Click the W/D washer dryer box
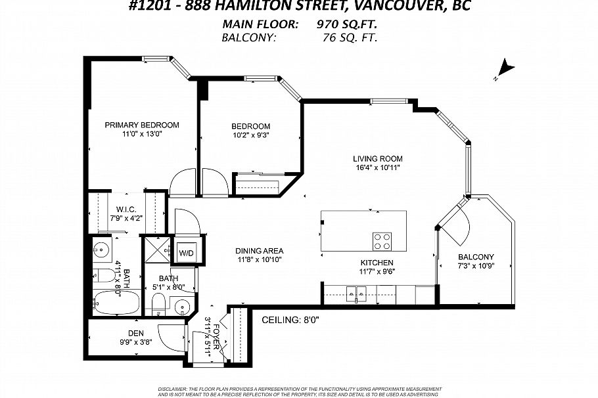(187, 252)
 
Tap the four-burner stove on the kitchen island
(382, 241)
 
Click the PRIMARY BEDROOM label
(142, 125)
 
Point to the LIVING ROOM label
(377, 158)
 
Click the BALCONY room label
(476, 257)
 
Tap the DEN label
(135, 334)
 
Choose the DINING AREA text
(260, 251)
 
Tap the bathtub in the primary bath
(116, 303)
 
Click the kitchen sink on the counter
(356, 292)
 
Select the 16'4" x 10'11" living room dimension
(377, 168)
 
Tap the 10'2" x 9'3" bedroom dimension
(250, 135)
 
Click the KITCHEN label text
(377, 263)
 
